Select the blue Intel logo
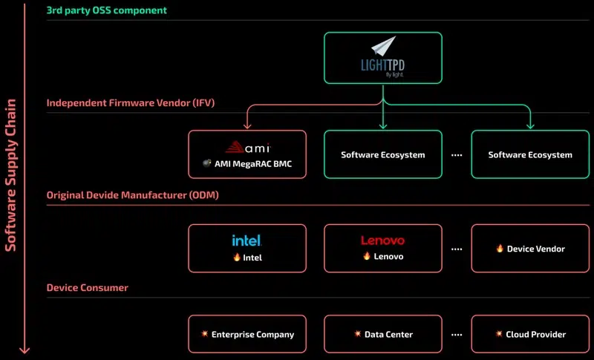pos(247,240)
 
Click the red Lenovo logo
pos(382,240)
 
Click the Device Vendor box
pos(530,249)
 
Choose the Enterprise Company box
pos(247,335)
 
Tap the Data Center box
pos(382,335)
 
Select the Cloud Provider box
pos(530,335)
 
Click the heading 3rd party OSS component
pos(107,10)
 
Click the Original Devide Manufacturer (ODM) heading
pos(132,194)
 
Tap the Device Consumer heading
pos(88,287)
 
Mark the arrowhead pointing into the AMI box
pos(247,127)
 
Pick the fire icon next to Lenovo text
pos(366,257)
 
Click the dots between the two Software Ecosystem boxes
pos(457,155)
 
